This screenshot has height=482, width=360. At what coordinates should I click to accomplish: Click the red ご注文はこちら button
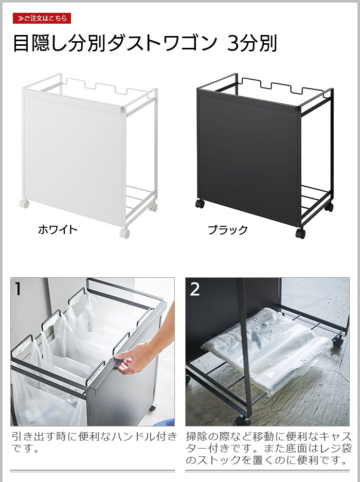(x=42, y=19)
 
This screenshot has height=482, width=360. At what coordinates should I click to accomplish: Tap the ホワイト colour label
(x=58, y=229)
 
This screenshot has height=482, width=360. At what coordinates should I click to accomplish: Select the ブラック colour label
(x=228, y=229)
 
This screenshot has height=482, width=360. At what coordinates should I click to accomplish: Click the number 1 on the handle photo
(x=18, y=289)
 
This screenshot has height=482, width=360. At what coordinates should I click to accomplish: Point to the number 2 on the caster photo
(x=195, y=289)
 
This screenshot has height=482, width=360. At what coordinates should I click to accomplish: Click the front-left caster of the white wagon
(x=24, y=203)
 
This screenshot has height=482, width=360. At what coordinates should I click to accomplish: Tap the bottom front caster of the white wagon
(x=124, y=233)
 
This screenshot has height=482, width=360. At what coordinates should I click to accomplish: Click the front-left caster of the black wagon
(x=200, y=203)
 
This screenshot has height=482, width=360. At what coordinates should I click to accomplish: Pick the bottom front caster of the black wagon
(x=300, y=233)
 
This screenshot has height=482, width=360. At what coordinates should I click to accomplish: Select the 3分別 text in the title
(x=252, y=43)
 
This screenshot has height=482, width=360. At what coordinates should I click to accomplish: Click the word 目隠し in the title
(x=40, y=43)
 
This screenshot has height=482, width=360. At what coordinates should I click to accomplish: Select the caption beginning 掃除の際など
(x=268, y=448)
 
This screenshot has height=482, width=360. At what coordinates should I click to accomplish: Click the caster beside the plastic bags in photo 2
(x=338, y=341)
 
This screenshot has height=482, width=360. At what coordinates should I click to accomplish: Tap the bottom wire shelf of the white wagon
(x=140, y=200)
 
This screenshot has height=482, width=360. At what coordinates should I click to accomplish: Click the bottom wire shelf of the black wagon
(x=316, y=200)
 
